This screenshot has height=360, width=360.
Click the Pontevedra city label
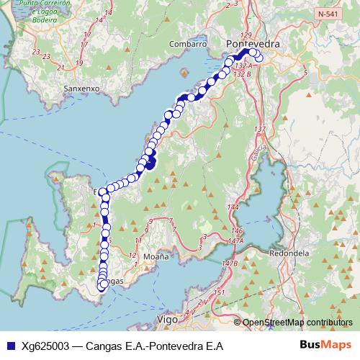[x=252, y=44]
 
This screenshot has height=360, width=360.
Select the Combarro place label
[x=188, y=44]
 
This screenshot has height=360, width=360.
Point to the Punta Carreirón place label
[x=48, y=4]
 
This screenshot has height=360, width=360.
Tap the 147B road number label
[x=230, y=264]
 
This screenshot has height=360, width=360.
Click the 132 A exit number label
[x=242, y=66]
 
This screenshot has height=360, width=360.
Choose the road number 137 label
[x=260, y=130]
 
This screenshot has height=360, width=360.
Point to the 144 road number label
[x=233, y=207]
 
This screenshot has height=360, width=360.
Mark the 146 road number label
[x=238, y=230]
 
